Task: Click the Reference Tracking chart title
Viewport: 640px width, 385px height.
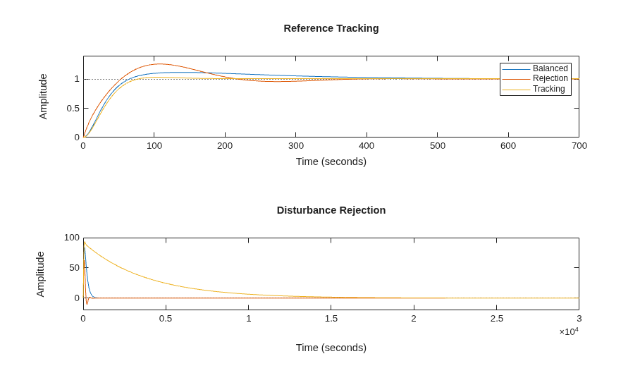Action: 331,28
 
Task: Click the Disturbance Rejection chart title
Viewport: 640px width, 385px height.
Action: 331,210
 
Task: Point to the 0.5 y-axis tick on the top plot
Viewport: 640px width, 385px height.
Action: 73,108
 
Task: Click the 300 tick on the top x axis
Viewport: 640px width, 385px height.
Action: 296,146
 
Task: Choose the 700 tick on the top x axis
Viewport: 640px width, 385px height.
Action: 579,146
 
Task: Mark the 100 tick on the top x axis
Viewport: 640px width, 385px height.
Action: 154,146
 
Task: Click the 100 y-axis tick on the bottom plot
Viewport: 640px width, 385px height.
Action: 72,237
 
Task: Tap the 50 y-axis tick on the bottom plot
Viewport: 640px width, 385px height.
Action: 74,268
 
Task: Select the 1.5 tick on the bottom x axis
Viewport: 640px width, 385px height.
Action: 331,319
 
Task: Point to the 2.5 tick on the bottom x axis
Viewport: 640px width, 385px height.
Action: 497,319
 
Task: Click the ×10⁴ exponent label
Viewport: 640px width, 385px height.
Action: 569,331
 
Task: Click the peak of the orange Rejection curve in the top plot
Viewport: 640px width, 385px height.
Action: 159,63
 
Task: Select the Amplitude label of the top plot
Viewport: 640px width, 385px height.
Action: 43,97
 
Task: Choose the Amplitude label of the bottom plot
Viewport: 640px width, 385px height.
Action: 40,274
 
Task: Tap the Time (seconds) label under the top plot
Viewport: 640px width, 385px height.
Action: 331,161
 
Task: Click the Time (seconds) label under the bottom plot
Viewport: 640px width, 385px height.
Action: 331,348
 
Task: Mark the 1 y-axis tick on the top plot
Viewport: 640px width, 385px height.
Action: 77,79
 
